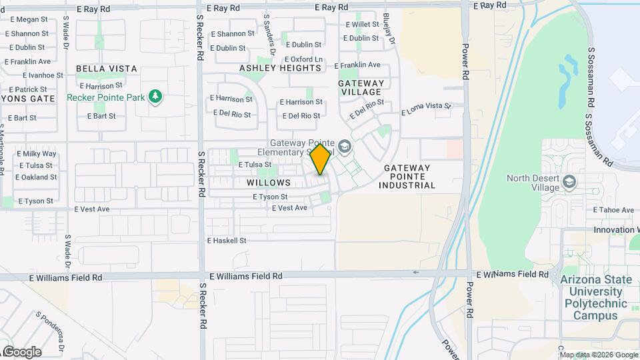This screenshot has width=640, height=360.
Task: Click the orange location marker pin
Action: coord(321,159)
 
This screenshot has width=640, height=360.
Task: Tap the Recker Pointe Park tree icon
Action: coord(156,97)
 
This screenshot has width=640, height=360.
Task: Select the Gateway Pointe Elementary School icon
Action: coord(344,146)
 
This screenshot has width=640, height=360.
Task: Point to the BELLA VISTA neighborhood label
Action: coord(107,69)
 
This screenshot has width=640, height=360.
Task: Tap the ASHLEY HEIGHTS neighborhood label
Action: coord(280,68)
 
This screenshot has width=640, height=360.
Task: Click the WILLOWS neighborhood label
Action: coord(269,182)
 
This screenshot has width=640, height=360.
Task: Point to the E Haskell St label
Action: coord(227,240)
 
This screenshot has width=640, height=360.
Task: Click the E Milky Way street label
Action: coord(38,154)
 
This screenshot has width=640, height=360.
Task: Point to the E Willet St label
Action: coord(362,24)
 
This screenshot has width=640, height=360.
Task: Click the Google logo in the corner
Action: coord(21,351)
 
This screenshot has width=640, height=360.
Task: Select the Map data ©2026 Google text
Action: coord(598,354)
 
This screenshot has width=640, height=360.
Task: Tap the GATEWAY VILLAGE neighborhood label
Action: coord(360,87)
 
